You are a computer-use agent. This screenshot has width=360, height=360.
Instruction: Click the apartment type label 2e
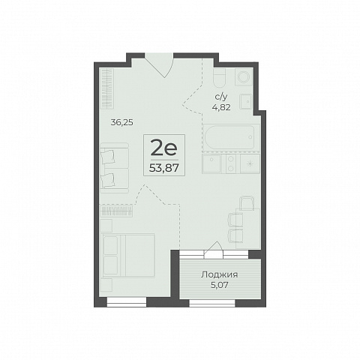tap(164, 148)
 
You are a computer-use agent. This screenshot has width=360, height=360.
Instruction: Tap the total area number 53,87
tap(164, 168)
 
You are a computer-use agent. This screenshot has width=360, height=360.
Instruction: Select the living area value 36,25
tap(122, 122)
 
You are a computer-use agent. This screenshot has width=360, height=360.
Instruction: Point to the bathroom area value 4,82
tap(221, 107)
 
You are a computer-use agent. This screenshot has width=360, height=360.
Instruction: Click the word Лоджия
tap(220, 274)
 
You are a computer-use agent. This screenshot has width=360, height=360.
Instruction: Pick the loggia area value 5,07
tap(220, 285)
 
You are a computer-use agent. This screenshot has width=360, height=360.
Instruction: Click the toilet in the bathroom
tap(220, 77)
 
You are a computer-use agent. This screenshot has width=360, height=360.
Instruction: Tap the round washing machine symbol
tap(243, 76)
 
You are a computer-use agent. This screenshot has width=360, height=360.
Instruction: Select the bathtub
tap(230, 137)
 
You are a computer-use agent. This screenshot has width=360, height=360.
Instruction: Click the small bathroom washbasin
tap(246, 101)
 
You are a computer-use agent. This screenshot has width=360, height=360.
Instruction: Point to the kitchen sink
tap(211, 163)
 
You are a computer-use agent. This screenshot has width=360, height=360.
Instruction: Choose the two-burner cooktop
tap(231, 163)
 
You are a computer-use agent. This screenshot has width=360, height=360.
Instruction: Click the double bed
tap(128, 255)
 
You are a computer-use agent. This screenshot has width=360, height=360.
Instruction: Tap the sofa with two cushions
tap(115, 168)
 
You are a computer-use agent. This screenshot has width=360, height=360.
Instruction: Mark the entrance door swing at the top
tap(160, 65)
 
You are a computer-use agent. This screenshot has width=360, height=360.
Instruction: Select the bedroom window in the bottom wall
tap(127, 302)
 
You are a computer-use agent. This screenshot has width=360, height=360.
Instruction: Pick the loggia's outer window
tap(212, 303)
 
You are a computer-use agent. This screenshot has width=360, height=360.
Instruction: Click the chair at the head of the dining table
tap(247, 203)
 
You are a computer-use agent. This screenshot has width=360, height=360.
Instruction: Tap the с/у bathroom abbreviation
tap(220, 97)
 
